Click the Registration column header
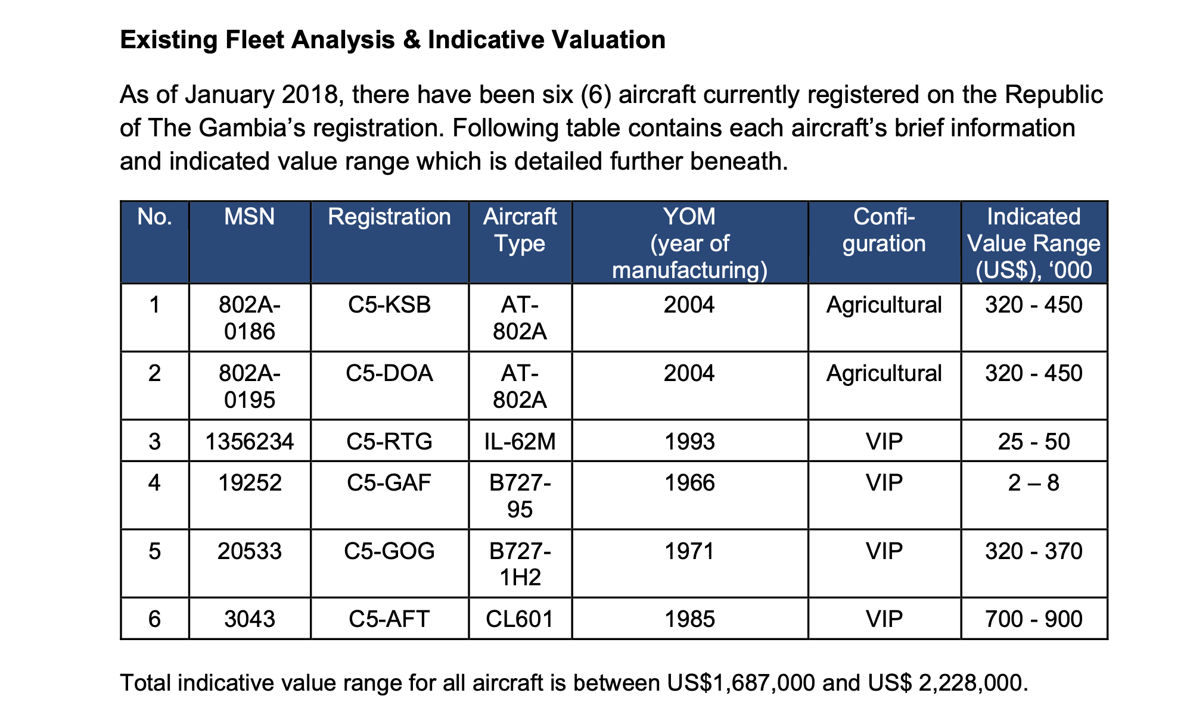[x=389, y=217]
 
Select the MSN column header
[x=249, y=217]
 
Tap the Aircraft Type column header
[x=520, y=230]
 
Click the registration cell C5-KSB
[x=389, y=305]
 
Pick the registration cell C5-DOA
[x=389, y=373]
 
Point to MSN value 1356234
[x=249, y=442]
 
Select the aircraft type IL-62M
[x=520, y=442]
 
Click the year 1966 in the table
[x=689, y=482]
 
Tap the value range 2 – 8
[x=1033, y=482]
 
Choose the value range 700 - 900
[x=1033, y=619]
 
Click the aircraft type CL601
[x=520, y=619]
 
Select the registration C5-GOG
[x=389, y=551]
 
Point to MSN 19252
[x=249, y=482]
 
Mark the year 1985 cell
[x=689, y=619]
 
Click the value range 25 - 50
[x=1033, y=442]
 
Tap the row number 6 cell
[x=154, y=619]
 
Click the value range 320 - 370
[x=1033, y=551]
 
